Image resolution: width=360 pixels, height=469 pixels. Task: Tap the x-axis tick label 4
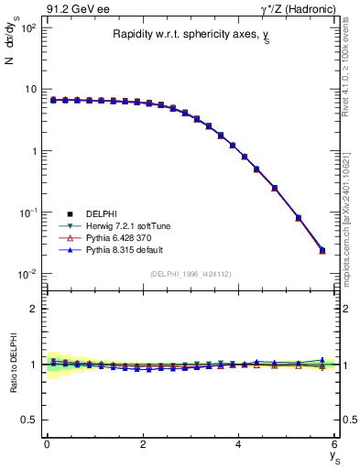pyautogui.click(x=239, y=444)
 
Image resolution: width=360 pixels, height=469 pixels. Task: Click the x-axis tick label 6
pyautogui.click(x=334, y=444)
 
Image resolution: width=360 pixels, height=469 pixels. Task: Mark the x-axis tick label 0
pyautogui.click(x=47, y=444)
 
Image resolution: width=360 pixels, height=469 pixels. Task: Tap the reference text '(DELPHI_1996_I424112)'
pyautogui.click(x=191, y=274)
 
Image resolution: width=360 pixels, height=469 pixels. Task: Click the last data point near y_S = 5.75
pyautogui.click(x=322, y=249)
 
